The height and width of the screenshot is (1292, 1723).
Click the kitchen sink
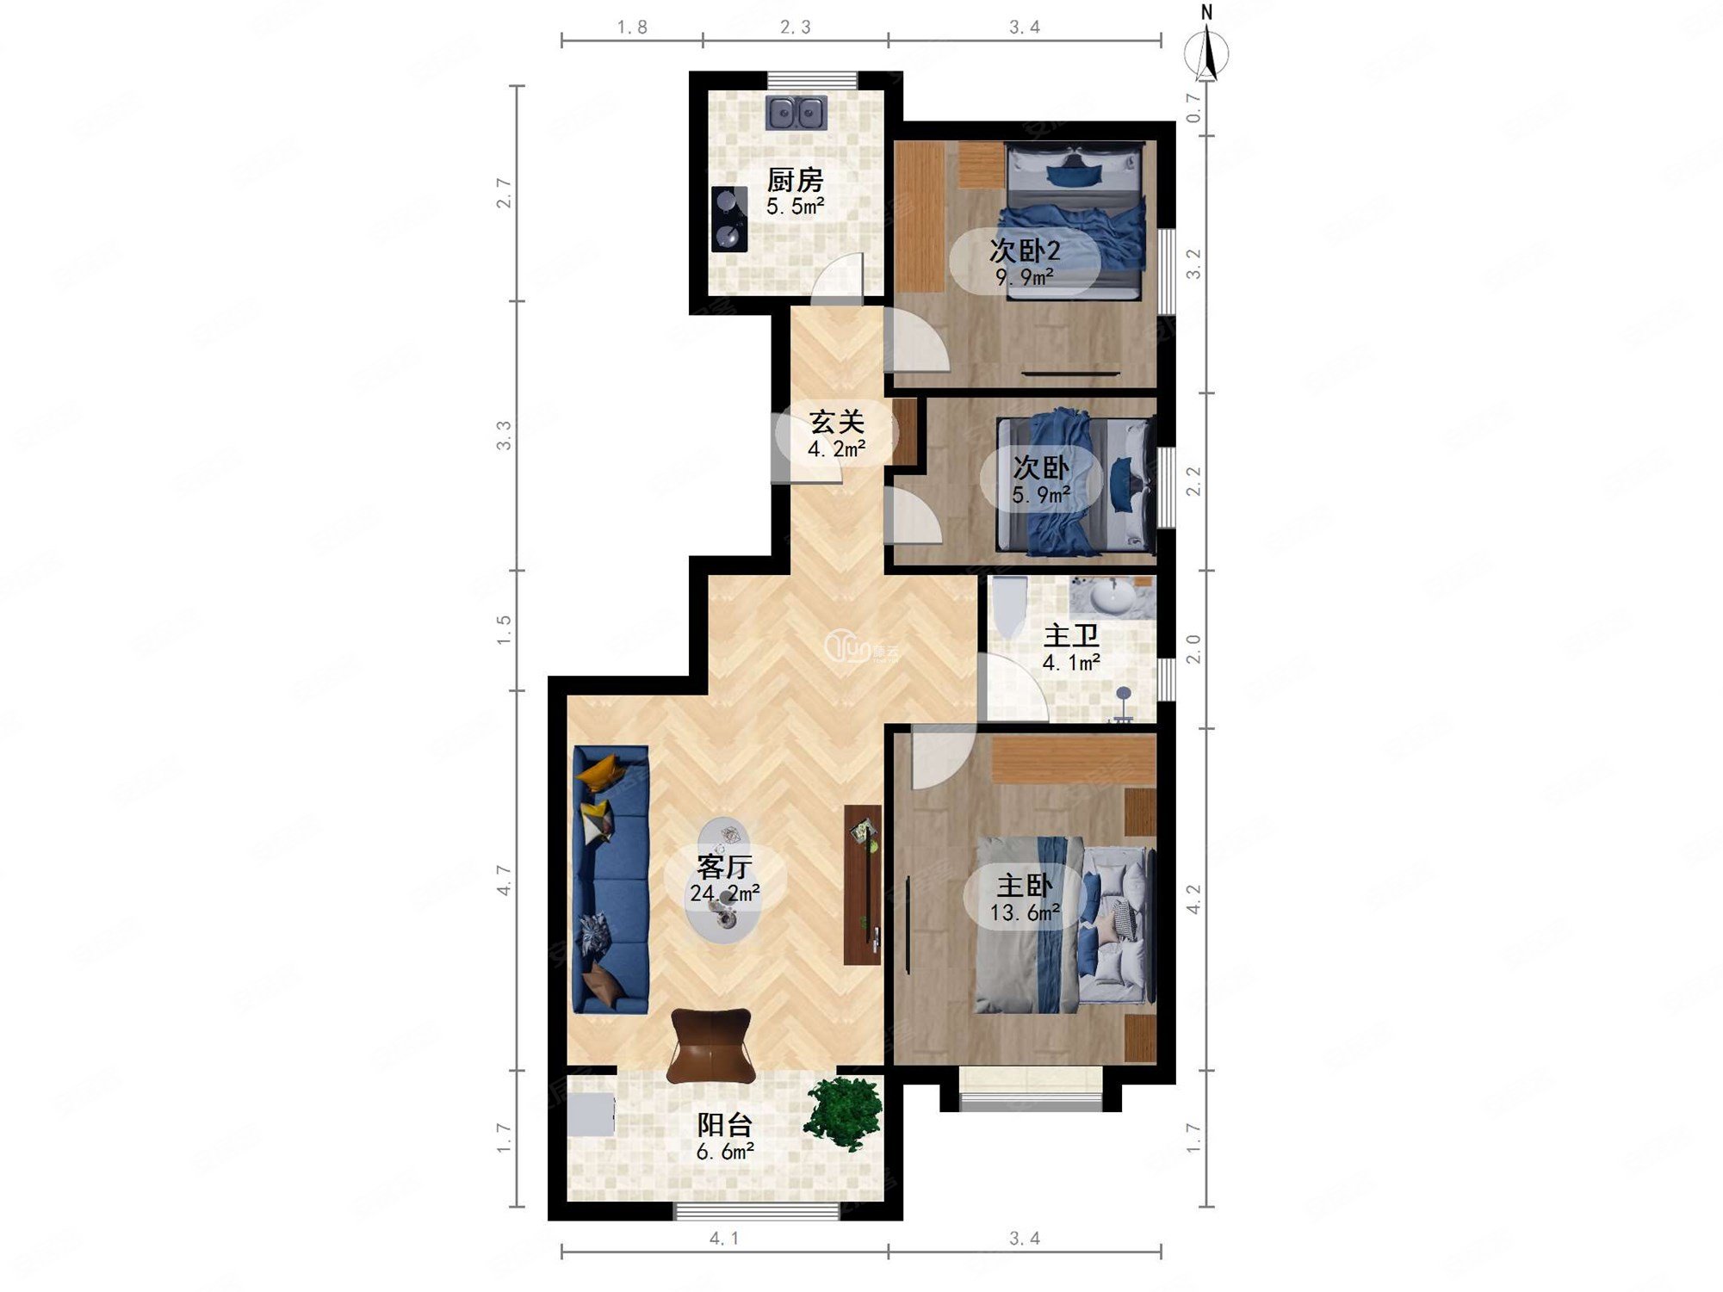(796, 113)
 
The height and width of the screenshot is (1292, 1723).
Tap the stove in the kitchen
(729, 219)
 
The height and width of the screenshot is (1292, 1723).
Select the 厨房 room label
(795, 180)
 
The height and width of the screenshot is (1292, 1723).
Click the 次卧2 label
(1025, 250)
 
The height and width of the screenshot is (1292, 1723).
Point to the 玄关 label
(837, 422)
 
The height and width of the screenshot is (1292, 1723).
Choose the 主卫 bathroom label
(1071, 636)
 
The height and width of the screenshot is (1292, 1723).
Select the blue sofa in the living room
(610, 880)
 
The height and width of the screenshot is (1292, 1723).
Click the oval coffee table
(724, 880)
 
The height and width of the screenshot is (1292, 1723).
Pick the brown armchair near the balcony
(711, 1046)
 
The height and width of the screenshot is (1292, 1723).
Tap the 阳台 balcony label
(724, 1124)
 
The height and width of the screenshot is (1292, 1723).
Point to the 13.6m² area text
(1025, 912)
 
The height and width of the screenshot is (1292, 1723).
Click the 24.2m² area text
(724, 893)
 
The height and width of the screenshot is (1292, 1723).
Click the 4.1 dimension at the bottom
(724, 1238)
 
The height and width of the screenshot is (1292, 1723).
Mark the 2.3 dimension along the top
(796, 28)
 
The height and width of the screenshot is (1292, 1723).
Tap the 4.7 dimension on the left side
(504, 881)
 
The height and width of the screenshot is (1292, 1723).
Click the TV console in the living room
(863, 885)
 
